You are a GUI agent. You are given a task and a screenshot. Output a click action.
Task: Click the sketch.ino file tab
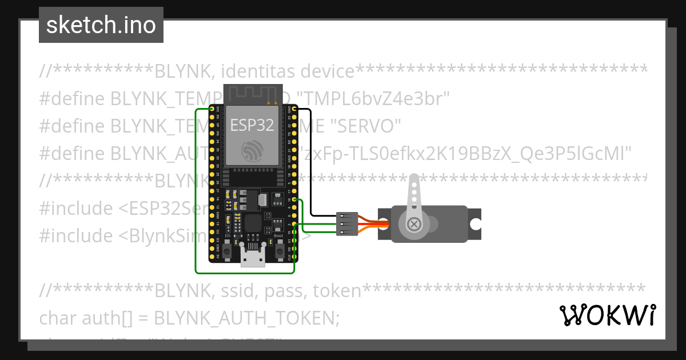101,25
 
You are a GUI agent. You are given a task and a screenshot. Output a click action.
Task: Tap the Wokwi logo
607,315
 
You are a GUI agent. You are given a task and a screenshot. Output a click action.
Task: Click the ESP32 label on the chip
252,125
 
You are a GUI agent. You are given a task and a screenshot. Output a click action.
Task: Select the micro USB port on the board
252,259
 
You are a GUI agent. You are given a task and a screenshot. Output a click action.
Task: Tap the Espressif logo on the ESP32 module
252,150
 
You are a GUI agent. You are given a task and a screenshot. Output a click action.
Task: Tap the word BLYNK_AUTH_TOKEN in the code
247,317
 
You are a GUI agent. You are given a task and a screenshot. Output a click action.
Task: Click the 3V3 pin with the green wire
212,109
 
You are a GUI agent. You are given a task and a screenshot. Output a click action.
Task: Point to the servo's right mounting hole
475,225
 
